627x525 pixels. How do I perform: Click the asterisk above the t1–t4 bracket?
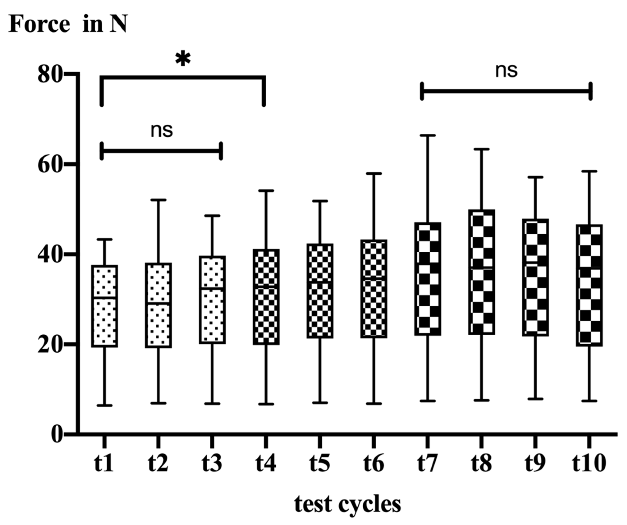pyautogui.click(x=183, y=59)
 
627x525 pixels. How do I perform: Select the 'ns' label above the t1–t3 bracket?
pyautogui.click(x=162, y=131)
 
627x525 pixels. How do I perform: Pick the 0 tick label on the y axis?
pyautogui.click(x=57, y=435)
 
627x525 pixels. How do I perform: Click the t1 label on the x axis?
pyautogui.click(x=104, y=463)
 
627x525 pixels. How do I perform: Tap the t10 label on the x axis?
pyautogui.click(x=589, y=463)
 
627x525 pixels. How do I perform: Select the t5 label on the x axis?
pyautogui.click(x=320, y=463)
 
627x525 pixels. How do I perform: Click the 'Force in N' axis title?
pyautogui.click(x=68, y=25)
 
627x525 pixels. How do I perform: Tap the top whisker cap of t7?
pyautogui.click(x=428, y=135)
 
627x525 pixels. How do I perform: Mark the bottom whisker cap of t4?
pyautogui.click(x=266, y=404)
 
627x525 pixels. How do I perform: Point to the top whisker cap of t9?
pyautogui.click(x=535, y=177)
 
